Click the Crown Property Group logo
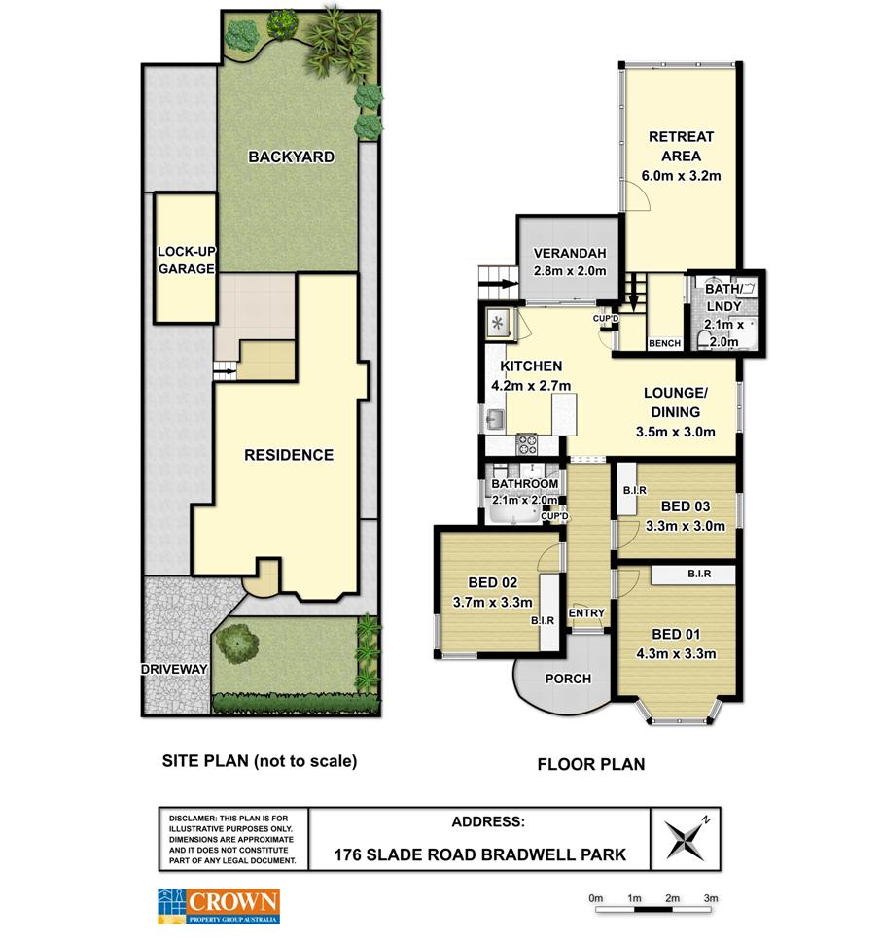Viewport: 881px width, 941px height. tap(219, 906)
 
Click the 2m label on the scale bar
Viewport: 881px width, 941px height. tap(672, 898)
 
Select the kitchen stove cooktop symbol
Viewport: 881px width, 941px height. tap(527, 444)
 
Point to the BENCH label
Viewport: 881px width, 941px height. tap(664, 343)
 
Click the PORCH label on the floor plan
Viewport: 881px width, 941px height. tap(568, 679)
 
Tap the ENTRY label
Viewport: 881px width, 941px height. tap(586, 612)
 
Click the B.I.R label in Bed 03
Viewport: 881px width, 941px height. tap(634, 490)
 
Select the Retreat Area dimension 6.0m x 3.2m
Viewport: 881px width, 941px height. tap(681, 176)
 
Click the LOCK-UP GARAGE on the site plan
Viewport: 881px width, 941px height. tap(186, 259)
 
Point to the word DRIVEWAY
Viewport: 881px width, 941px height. tap(174, 669)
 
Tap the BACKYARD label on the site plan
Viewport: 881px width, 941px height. tap(291, 157)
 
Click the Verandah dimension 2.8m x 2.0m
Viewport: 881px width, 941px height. tap(570, 271)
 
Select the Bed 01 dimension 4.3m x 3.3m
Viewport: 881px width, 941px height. tap(676, 653)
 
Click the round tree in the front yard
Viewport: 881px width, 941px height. tap(237, 644)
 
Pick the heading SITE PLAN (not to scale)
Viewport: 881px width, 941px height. tap(260, 761)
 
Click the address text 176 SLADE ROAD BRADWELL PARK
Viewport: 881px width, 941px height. tap(479, 854)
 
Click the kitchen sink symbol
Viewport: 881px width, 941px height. tap(495, 418)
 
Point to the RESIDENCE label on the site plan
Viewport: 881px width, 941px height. tap(289, 455)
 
